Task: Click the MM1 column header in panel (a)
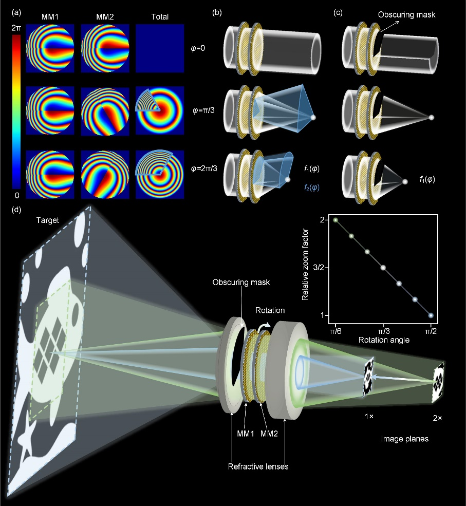click(x=50, y=17)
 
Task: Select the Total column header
click(x=160, y=17)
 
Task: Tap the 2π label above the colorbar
click(x=16, y=28)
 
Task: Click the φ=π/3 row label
click(x=203, y=110)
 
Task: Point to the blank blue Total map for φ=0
click(x=160, y=48)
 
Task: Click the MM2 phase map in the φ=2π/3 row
click(x=105, y=174)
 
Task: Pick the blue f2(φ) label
click(x=311, y=188)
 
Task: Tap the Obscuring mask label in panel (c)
click(x=406, y=15)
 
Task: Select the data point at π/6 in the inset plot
click(x=335, y=220)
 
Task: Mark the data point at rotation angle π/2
click(x=431, y=315)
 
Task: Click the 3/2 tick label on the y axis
click(x=318, y=268)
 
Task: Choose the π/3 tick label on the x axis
click(x=383, y=331)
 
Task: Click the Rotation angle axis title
click(x=384, y=340)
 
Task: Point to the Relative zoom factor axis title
click(x=305, y=265)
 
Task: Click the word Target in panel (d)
click(x=47, y=220)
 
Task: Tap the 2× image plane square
click(x=438, y=383)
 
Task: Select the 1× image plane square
click(x=369, y=377)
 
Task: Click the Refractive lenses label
click(x=258, y=466)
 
